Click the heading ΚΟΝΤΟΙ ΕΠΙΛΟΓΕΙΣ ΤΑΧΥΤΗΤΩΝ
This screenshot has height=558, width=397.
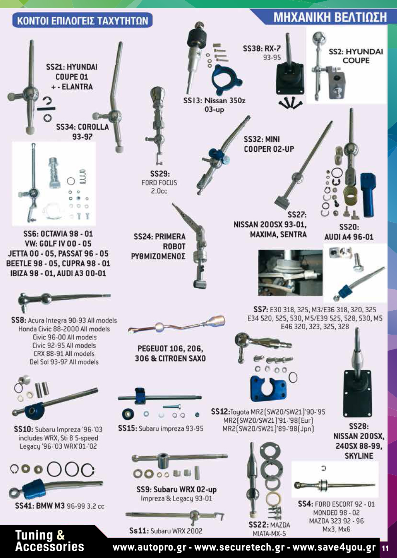(x=82, y=20)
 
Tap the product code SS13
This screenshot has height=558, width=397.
(x=193, y=100)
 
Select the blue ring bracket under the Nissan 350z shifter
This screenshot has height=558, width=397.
(x=226, y=79)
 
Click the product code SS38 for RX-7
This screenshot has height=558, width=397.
(x=251, y=48)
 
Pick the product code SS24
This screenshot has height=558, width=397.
(x=143, y=237)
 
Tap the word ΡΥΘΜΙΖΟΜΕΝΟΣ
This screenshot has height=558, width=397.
(x=158, y=256)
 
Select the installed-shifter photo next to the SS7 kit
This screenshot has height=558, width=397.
(x=290, y=273)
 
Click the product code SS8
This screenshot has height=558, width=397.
(x=19, y=320)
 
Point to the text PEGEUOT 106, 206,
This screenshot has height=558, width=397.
(x=170, y=349)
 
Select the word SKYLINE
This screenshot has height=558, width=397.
(x=359, y=456)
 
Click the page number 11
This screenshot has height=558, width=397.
(x=385, y=548)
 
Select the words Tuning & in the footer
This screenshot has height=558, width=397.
(x=40, y=535)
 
